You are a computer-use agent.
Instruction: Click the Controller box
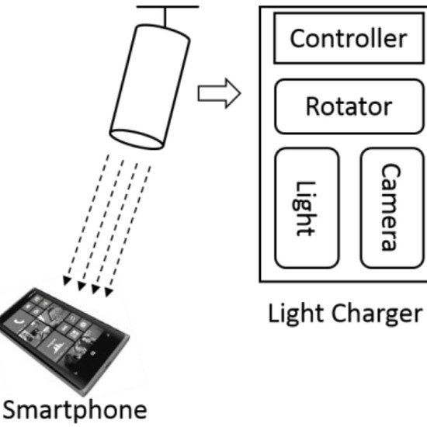[349, 38]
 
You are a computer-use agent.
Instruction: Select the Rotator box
[349, 106]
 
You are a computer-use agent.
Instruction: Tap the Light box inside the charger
[307, 208]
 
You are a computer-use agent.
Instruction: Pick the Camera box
[392, 208]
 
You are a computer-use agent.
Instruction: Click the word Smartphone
[75, 410]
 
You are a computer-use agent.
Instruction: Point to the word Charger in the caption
[377, 314]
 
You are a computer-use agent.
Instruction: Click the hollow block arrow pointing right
[219, 93]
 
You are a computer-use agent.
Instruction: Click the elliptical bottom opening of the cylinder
[137, 139]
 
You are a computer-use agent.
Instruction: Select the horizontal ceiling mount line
[168, 7]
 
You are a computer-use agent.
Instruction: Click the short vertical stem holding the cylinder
[165, 17]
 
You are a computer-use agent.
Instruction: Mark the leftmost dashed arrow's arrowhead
[67, 281]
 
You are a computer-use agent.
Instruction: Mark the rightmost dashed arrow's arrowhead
[109, 292]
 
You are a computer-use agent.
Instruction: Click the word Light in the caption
[297, 314]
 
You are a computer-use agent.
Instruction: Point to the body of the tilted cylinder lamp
[150, 87]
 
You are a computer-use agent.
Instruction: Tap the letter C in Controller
[297, 38]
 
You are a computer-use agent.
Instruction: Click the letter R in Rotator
[313, 106]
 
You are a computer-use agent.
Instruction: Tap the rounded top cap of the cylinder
[163, 32]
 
